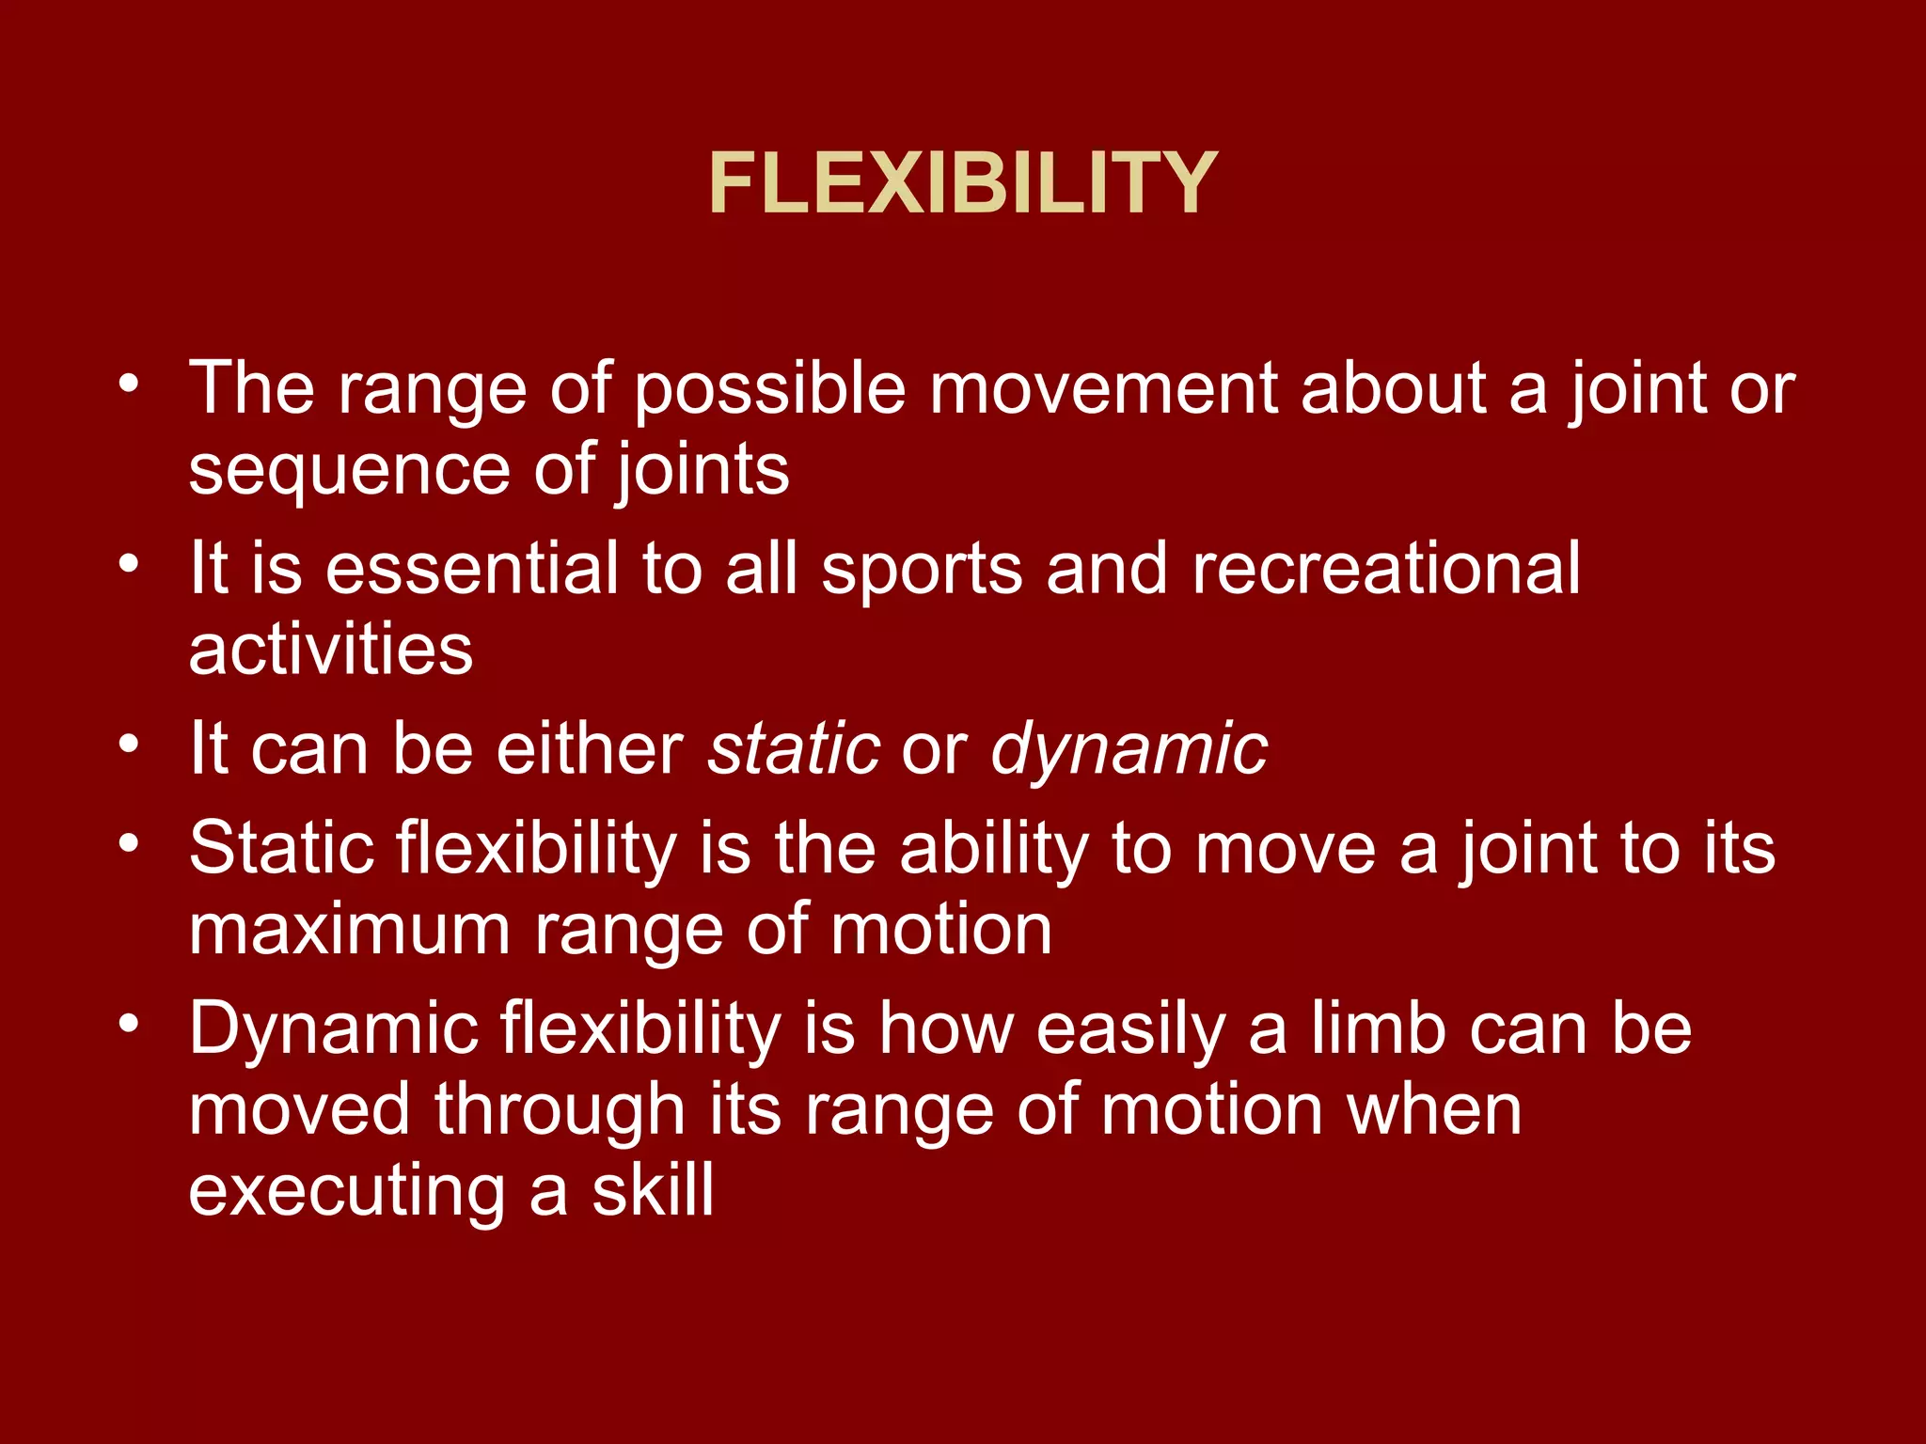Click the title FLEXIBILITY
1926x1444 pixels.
[962, 183]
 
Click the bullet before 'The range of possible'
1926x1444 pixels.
[129, 384]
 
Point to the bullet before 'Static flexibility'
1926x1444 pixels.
[129, 843]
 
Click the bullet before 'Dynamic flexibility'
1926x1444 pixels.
[129, 1024]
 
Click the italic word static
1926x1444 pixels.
[794, 749]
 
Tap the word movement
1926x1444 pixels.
[1102, 388]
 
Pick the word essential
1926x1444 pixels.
[471, 569]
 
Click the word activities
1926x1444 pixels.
[330, 650]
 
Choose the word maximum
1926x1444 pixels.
[349, 931]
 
